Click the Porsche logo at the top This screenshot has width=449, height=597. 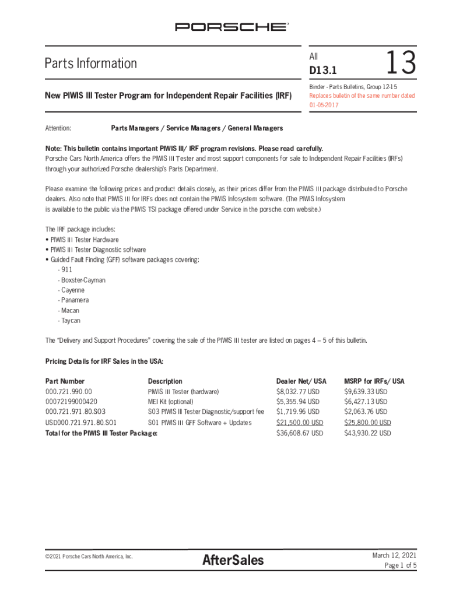232,27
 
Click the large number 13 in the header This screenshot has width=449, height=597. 401,63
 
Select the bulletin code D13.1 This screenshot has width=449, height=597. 323,71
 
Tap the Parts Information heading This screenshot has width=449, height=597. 91,63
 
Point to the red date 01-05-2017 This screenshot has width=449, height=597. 324,105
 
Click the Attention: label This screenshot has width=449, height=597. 58,128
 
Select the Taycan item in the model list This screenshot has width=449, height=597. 70,321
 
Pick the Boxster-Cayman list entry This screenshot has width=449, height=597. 83,280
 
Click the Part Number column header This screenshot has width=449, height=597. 65,381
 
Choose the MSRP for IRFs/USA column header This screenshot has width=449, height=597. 374,381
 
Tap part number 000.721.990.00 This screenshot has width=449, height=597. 69,392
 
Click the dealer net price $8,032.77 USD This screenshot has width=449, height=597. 297,392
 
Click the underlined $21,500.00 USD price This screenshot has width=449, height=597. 299,423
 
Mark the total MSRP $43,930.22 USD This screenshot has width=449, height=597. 367,433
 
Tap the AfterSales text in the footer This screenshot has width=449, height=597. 233,561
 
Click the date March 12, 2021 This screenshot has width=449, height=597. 394,555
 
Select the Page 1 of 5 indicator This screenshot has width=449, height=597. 400,566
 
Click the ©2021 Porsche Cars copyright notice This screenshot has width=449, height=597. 89,556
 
